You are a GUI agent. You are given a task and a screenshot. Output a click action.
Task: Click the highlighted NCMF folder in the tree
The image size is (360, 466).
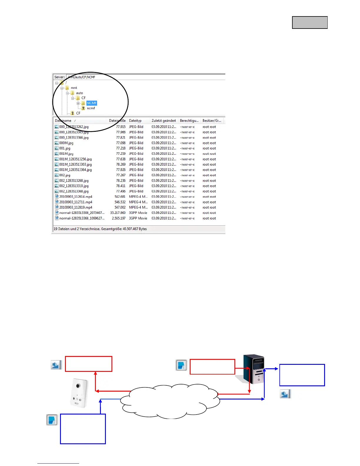[92, 103]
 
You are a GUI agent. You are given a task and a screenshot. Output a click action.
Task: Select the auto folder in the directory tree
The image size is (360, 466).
[79, 93]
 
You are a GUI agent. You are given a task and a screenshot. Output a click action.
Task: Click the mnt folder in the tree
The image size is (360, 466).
[74, 88]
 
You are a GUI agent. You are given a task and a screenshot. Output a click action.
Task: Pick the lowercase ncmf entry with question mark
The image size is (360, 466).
[91, 108]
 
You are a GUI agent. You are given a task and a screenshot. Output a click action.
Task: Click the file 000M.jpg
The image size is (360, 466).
[66, 143]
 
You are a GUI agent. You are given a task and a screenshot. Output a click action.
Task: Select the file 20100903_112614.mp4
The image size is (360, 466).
[76, 197]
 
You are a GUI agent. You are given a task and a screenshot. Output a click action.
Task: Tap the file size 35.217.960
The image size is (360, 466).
[118, 213]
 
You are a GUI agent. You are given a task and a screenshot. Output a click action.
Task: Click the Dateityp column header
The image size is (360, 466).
[135, 121]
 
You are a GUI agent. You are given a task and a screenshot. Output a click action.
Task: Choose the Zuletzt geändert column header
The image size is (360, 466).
[164, 121]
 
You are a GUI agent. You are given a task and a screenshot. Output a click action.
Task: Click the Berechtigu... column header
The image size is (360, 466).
[189, 121]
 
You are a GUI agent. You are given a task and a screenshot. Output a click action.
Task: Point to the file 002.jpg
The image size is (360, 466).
[65, 175]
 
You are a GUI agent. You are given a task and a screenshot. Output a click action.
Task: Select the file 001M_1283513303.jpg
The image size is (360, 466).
[75, 164]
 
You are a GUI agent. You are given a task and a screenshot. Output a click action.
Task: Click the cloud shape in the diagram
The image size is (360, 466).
[171, 402]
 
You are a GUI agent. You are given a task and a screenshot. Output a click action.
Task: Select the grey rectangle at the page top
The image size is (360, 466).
[310, 23]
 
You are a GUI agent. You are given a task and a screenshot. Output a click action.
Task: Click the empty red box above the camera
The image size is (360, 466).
[89, 364]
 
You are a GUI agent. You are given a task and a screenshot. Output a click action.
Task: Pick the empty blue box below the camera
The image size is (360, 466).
[83, 429]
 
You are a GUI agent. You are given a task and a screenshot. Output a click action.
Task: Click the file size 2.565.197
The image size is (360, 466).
[119, 218]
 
